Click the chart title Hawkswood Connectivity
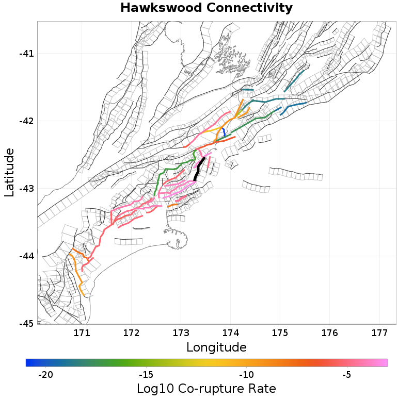(206, 8)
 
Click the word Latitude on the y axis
(9, 172)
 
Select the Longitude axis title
(216, 347)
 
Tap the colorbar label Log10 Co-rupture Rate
(206, 388)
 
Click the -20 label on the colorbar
(46, 374)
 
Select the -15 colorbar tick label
(146, 374)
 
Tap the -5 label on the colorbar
(346, 374)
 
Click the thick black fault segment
(199, 169)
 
